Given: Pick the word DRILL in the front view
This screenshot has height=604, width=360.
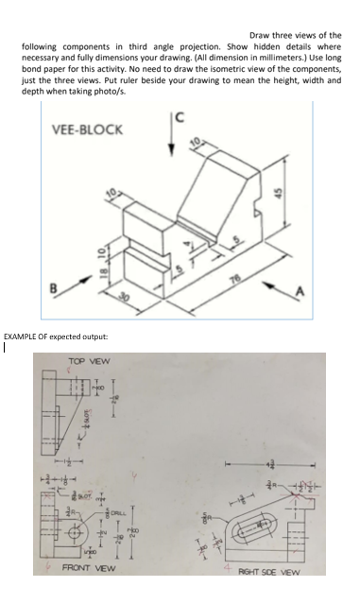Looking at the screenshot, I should tap(123, 511).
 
